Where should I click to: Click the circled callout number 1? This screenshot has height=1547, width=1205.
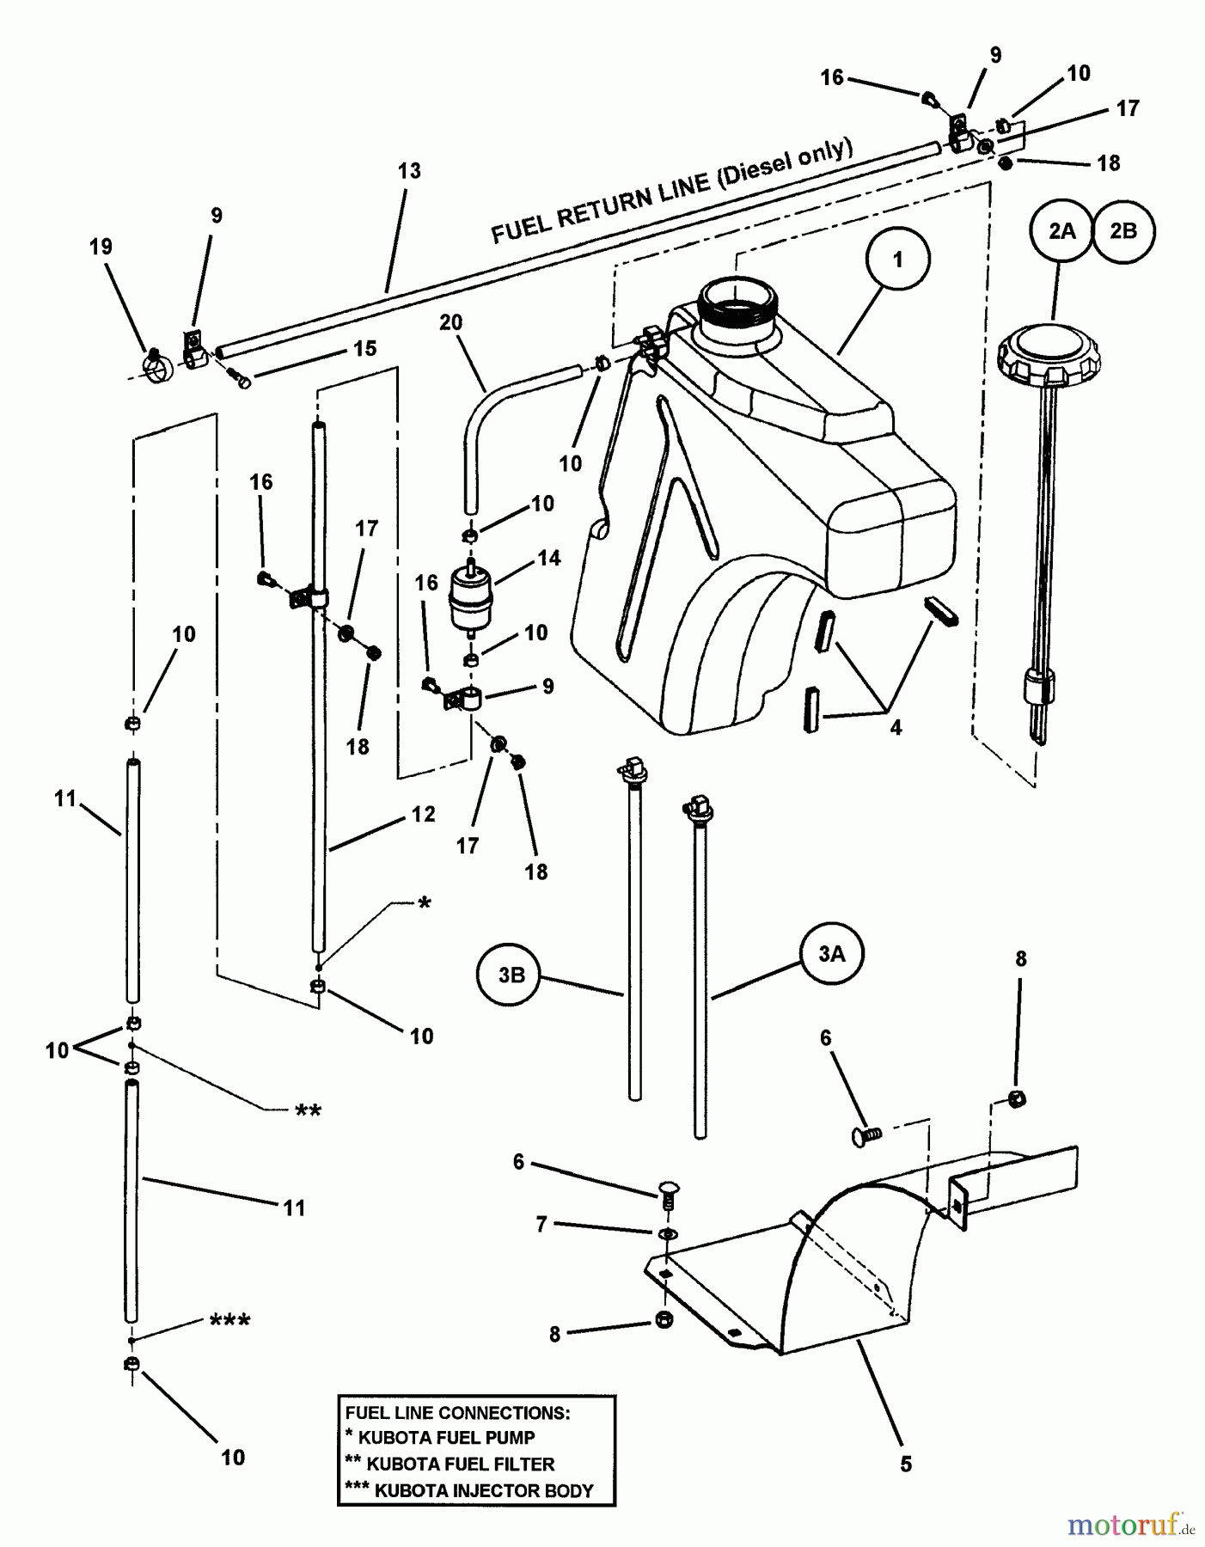point(898,260)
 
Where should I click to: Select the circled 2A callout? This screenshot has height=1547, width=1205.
point(1061,231)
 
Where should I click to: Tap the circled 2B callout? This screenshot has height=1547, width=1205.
point(1123,231)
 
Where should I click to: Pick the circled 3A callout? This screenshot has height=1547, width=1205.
point(831,953)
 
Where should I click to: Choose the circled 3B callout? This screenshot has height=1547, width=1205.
point(511,975)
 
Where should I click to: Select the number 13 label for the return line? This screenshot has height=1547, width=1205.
point(409,170)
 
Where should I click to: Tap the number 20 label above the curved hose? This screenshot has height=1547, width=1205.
point(450,322)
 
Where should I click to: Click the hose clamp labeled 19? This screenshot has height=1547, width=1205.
point(158,365)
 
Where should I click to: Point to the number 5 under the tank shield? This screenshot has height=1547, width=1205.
point(906,1464)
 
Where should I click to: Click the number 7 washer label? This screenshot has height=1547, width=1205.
point(541,1223)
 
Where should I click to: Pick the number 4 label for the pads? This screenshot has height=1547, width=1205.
point(896,728)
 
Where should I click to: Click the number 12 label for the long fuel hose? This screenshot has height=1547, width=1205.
point(423,814)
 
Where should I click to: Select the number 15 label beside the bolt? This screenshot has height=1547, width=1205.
point(364,348)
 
